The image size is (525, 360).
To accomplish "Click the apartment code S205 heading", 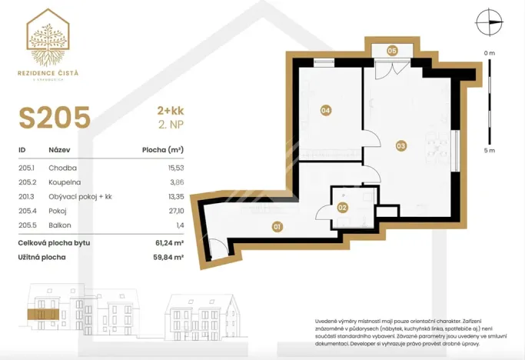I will (x=55, y=118).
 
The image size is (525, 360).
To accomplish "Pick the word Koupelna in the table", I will (x=63, y=182).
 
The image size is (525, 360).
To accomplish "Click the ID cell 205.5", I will (x=28, y=225).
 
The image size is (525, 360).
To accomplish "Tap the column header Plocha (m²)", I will (x=163, y=151).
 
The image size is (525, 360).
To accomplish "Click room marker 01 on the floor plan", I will (x=277, y=226).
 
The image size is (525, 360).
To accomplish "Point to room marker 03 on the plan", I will (x=400, y=145).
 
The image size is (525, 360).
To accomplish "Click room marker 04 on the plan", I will (x=325, y=111).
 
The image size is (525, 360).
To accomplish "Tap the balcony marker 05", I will (x=392, y=51).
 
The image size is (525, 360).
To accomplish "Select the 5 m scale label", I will (x=489, y=151).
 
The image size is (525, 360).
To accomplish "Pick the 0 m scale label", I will (x=489, y=52).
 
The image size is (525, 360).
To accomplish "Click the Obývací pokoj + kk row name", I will (x=80, y=196).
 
